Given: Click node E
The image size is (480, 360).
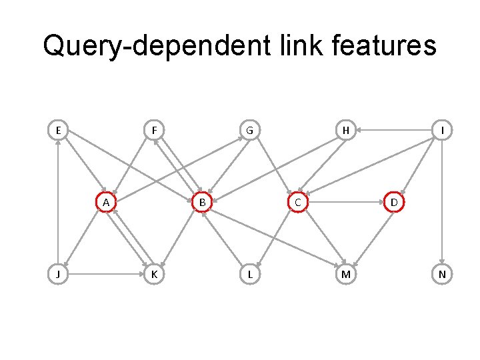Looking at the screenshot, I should click(59, 130).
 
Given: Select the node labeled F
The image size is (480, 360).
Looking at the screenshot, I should click(154, 130).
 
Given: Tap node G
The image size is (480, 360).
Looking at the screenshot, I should click(249, 130).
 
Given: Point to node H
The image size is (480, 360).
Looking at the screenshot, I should click(345, 130).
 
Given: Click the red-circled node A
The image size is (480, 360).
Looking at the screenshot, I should click(106, 202).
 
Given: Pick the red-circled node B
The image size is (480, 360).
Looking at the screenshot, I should click(201, 202).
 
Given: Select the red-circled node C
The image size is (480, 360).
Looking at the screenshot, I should click(297, 202).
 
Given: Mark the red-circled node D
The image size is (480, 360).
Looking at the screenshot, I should click(393, 202).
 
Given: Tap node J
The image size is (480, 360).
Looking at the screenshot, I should click(59, 274).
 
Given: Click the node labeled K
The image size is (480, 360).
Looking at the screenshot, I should click(154, 274).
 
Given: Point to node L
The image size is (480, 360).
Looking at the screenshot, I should click(249, 274).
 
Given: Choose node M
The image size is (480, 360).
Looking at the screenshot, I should click(345, 274).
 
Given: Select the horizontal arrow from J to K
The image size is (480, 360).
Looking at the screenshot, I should click(107, 274).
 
